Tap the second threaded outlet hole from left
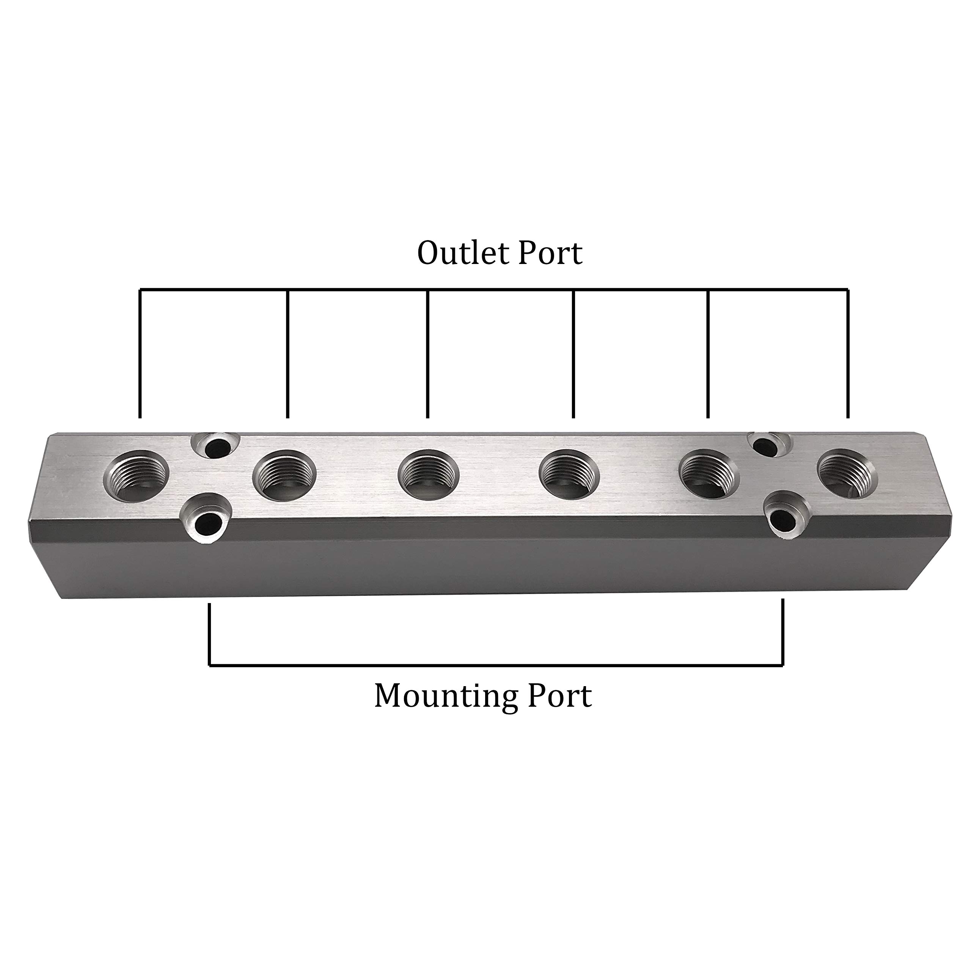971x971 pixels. [x=284, y=475]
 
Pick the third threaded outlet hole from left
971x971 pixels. [x=429, y=475]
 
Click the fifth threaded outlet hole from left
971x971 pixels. [x=709, y=475]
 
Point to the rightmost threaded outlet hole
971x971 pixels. [x=848, y=474]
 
